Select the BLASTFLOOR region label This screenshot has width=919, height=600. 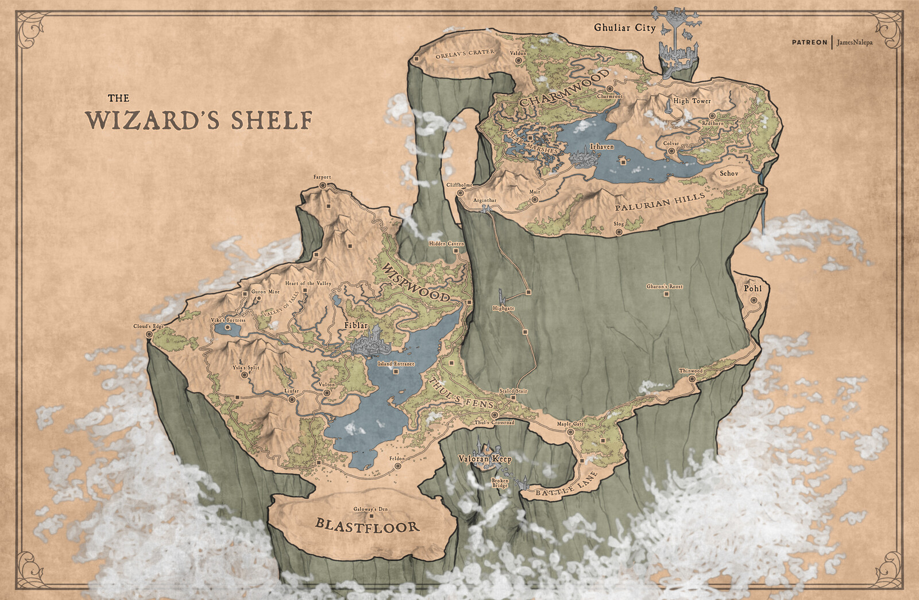tap(367, 525)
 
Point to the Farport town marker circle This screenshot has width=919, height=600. tap(322, 186)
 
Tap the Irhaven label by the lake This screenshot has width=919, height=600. tap(601, 147)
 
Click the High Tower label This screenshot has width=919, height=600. tap(692, 101)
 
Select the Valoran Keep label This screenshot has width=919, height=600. tap(484, 459)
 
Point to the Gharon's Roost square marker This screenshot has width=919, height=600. tap(666, 294)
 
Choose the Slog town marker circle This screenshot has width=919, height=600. tap(619, 232)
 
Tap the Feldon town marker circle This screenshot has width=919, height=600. tap(397, 467)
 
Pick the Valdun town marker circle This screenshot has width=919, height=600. tap(518, 59)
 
